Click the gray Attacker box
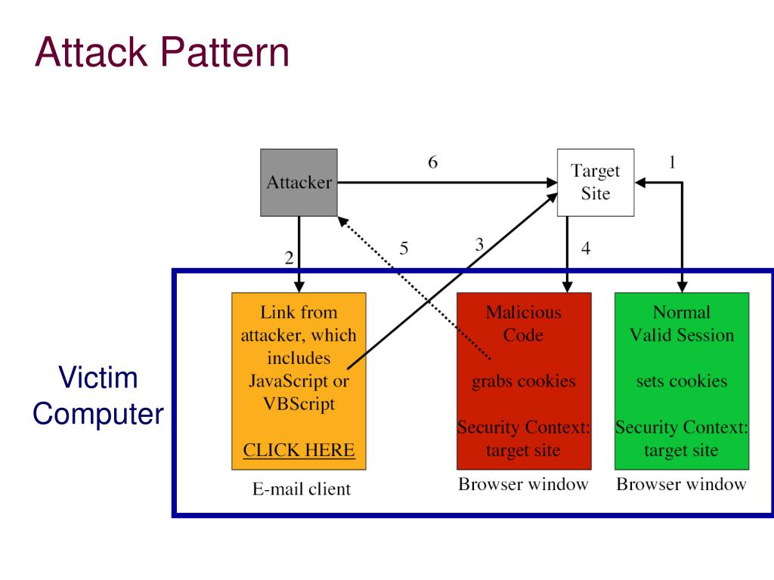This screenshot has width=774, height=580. click(x=299, y=182)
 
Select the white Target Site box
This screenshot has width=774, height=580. click(x=595, y=182)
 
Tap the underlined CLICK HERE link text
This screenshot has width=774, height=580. click(x=299, y=450)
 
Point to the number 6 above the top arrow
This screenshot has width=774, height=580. click(x=432, y=162)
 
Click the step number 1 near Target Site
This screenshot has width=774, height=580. click(x=672, y=162)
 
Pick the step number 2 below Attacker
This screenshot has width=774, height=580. click(x=289, y=258)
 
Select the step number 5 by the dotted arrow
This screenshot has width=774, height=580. click(x=404, y=248)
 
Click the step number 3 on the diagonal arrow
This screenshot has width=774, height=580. click(x=478, y=245)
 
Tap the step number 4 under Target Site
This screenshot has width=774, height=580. click(x=586, y=248)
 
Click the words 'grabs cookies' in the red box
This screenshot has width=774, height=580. click(x=524, y=381)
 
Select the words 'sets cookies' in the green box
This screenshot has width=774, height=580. click(x=681, y=381)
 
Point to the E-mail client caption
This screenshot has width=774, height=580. click(x=302, y=489)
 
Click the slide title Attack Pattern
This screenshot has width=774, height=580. click(x=162, y=54)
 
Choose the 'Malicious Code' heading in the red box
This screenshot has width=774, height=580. click(x=524, y=323)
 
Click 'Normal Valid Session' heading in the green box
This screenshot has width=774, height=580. click(x=681, y=323)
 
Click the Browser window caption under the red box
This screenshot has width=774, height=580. click(x=523, y=484)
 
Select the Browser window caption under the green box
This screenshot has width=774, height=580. click(x=681, y=484)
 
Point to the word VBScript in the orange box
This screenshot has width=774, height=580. click(x=299, y=403)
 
